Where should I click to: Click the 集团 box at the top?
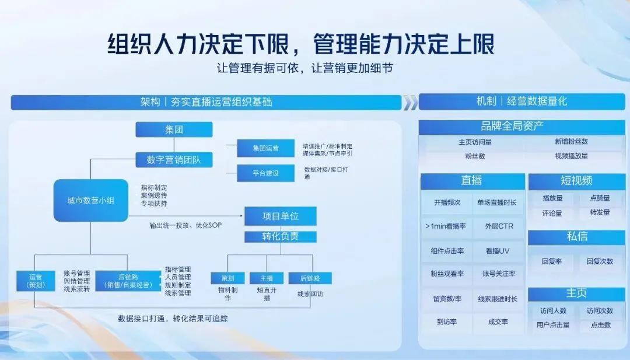pyautogui.click(x=174, y=129)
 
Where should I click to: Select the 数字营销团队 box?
pyautogui.click(x=174, y=159)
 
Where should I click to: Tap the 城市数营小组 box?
pyautogui.click(x=90, y=201)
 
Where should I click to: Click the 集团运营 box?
pyautogui.click(x=265, y=148)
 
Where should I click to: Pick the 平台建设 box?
pyautogui.click(x=265, y=173)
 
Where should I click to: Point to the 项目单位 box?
pyautogui.click(x=281, y=216)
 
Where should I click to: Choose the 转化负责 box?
pyautogui.click(x=281, y=237)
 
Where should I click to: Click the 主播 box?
pyautogui.click(x=266, y=278)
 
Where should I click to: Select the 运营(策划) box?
pyautogui.click(x=36, y=281)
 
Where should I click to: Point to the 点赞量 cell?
pyautogui.click(x=600, y=198)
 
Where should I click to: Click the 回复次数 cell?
pyautogui.click(x=600, y=261)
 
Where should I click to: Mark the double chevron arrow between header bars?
pyautogui.click(x=411, y=103)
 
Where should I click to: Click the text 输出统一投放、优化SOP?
pyautogui.click(x=185, y=225)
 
